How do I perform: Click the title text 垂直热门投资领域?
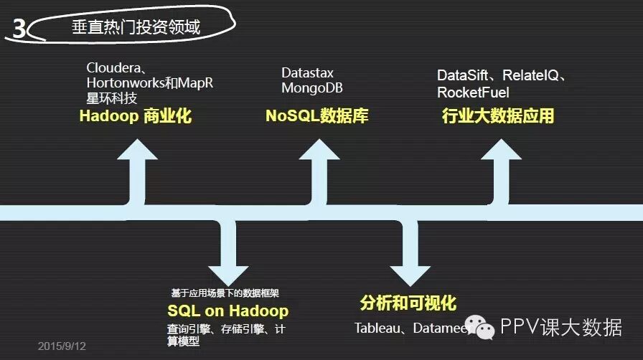[136, 28]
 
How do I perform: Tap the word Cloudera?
[113, 67]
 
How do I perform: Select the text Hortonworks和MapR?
[149, 82]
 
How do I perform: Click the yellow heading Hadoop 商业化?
[135, 116]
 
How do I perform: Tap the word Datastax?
[307, 73]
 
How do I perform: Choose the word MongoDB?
[311, 89]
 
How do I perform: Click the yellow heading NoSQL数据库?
[316, 116]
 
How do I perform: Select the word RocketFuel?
[473, 93]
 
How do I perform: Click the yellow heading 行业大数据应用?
[498, 116]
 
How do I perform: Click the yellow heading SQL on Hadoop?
[227, 311]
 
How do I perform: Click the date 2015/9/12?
[62, 346]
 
